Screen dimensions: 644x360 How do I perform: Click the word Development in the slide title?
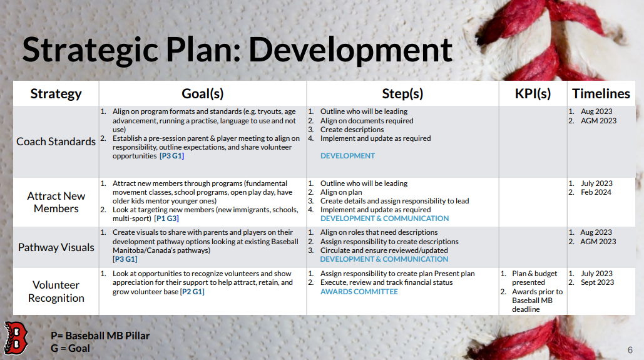coord(350,51)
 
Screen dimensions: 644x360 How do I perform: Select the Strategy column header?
coord(56,94)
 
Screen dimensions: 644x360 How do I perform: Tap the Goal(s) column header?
coord(203,94)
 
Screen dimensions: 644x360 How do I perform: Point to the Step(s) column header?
coord(402,94)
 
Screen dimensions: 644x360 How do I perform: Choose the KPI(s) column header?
coord(533,94)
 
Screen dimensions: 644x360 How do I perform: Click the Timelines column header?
coord(601,94)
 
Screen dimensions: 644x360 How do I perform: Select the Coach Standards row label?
coord(56,141)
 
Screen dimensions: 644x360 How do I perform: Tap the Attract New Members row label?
coord(56,202)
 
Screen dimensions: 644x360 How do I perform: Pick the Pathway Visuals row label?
coord(56,247)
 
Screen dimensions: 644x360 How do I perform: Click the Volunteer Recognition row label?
coord(56,291)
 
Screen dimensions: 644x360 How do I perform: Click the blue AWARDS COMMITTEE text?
coord(359,292)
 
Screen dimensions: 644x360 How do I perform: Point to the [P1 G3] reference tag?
coord(166,219)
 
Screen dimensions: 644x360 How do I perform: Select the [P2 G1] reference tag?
coord(192,292)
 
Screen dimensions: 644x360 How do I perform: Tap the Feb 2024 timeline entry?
coord(596,192)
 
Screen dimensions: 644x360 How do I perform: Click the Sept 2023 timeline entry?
coord(597,282)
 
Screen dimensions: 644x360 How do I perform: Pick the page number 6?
coord(630,350)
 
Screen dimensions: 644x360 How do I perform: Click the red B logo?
coord(15,338)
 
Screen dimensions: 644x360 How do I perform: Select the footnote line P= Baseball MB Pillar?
coord(100,336)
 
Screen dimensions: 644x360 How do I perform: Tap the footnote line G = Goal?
coord(70,349)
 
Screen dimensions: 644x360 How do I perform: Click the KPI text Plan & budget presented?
coord(534,278)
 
